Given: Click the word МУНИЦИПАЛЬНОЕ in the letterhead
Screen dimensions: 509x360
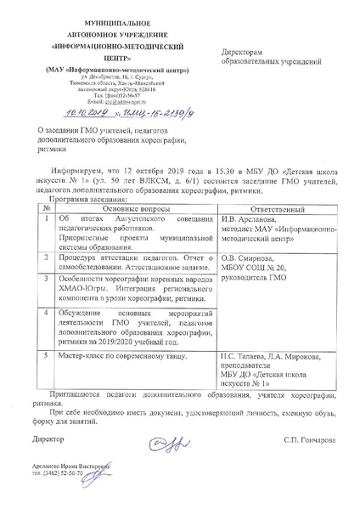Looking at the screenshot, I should pyautogui.click(x=92, y=18).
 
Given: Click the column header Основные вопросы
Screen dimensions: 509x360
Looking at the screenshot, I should pyautogui.click(x=129, y=206).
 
